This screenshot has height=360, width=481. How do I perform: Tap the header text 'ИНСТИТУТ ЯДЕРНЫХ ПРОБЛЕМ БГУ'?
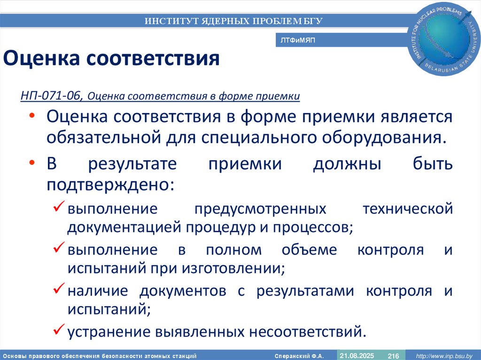pos(233,21)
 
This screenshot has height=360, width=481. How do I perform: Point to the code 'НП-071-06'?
pos(52,96)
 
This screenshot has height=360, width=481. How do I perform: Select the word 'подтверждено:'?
pos(110,184)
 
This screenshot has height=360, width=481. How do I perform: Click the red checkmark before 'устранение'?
pos(59,330)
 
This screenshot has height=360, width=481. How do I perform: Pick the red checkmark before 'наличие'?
pos(59,289)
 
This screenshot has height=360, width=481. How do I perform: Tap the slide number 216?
pos(393,356)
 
